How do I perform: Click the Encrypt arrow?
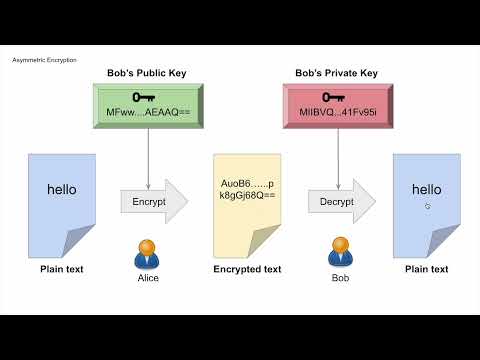[153, 201]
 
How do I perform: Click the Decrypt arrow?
[341, 201]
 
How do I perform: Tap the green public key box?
[148, 105]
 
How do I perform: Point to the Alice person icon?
[148, 253]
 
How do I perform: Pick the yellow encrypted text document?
[247, 205]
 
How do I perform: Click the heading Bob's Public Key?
[147, 73]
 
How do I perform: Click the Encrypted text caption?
[247, 269]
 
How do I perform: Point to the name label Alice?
[148, 278]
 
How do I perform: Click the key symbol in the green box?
[148, 98]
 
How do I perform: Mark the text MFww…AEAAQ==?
[148, 113]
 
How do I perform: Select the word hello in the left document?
[61, 189]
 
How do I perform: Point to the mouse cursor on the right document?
[428, 206]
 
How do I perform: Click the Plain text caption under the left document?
[62, 269]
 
